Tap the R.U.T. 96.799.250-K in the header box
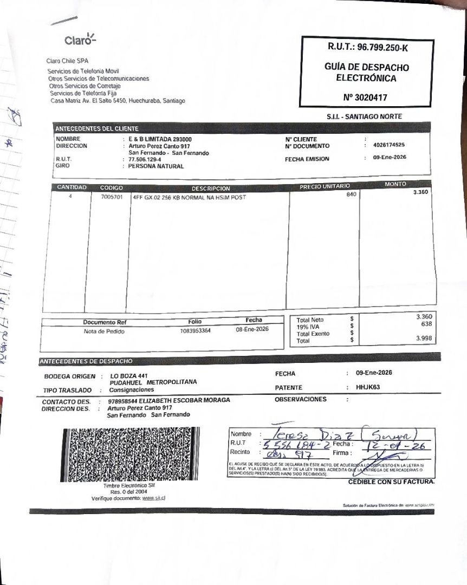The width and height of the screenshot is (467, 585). coord(367,48)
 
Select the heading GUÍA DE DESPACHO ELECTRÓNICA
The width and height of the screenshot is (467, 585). coord(367,73)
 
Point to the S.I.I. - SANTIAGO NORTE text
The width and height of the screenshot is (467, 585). coord(364,116)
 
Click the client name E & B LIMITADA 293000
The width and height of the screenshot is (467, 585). coord(160,139)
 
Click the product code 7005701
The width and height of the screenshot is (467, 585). coord(112,197)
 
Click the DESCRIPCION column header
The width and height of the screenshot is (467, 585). coord(211,188)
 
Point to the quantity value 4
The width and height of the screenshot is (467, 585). coord(70,197)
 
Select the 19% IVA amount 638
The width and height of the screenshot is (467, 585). coord(426,324)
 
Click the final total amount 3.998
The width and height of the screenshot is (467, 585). coord(424,338)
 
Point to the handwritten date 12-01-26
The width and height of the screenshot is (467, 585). coord(398,446)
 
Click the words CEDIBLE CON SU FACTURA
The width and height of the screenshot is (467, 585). coord(391,482)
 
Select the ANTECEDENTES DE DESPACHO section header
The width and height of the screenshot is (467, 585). coord(86,361)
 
